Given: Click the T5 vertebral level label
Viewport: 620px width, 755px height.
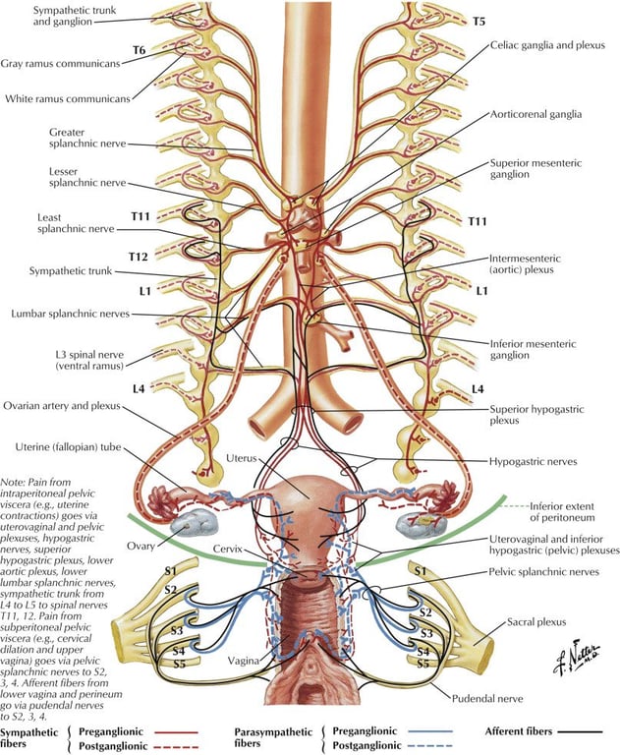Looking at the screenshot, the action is [479, 22].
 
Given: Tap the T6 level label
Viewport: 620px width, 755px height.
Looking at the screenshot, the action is [139, 49].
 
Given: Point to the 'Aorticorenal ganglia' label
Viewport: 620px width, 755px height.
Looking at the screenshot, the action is [535, 115].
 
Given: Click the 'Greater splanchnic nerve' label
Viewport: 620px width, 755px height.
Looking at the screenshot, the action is [87, 138].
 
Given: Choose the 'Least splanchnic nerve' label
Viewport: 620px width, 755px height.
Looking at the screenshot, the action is [76, 223].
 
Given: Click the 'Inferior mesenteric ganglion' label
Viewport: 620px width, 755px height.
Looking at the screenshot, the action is [533, 350].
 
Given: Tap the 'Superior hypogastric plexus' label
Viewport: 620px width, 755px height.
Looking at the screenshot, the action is [536, 415].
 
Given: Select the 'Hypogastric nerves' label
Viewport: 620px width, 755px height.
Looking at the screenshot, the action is [533, 462].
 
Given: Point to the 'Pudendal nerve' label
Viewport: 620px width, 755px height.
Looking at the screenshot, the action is [487, 698].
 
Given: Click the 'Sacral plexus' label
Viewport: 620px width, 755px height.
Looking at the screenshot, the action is [536, 622].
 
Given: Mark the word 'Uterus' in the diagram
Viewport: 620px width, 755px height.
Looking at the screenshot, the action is [241, 458].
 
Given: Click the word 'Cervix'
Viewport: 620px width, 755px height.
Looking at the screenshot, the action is [227, 549].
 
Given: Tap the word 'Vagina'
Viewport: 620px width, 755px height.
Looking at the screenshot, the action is [243, 661].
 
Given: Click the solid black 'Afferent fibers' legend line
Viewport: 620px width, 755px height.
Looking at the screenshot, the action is [580, 732].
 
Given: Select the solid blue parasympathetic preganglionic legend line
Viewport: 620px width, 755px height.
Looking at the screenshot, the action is [430, 731].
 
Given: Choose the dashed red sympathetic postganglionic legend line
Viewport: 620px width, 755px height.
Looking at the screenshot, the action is [176, 747].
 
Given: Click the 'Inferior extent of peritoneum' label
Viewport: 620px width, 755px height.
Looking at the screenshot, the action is [562, 512].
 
